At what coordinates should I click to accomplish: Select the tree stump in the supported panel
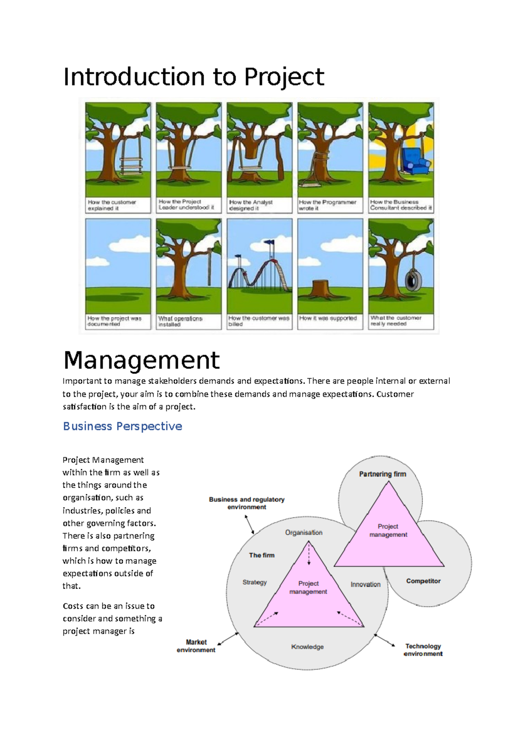320,290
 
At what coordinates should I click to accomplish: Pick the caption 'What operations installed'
180,322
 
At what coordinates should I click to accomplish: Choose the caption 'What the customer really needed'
396,321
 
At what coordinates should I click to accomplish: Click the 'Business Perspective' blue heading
123,427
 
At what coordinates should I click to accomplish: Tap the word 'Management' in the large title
142,360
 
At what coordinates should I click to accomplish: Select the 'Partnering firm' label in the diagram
382,474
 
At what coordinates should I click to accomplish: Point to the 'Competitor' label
423,581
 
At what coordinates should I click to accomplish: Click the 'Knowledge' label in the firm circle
307,647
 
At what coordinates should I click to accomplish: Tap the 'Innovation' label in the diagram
365,585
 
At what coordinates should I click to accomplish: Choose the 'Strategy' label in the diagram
255,582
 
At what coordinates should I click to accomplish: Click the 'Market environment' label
196,646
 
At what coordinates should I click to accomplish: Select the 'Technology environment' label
423,650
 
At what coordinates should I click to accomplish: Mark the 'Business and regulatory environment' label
246,503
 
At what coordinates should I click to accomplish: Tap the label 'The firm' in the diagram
262,555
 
